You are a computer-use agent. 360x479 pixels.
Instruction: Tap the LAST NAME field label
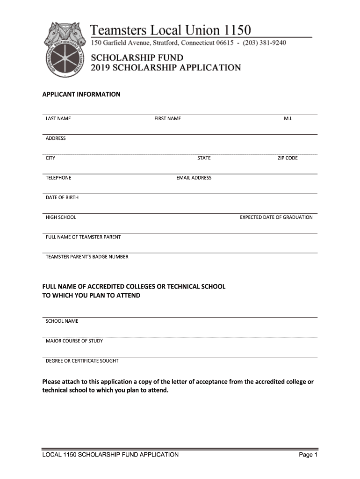click(x=58, y=119)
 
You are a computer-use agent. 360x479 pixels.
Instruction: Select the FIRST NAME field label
click(x=167, y=119)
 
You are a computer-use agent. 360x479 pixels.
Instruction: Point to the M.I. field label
click(x=288, y=119)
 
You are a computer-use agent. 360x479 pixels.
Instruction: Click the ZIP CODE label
click(x=288, y=158)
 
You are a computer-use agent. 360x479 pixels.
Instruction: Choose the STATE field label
click(x=204, y=158)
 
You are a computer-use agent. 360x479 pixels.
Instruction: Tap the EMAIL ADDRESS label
click(x=194, y=178)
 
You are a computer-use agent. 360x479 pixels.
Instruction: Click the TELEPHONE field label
click(x=58, y=178)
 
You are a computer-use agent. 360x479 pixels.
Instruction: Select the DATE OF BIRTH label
click(x=62, y=197)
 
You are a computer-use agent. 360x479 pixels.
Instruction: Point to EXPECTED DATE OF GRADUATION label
click(x=276, y=218)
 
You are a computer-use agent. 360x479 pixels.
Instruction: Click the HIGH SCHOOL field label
click(x=61, y=218)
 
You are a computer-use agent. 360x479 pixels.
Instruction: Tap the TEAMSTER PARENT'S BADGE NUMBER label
click(x=87, y=257)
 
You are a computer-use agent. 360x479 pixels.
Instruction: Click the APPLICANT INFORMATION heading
click(x=81, y=94)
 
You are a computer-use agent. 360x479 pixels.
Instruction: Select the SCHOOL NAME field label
click(x=62, y=321)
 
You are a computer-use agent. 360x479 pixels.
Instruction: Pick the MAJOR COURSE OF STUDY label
click(x=74, y=341)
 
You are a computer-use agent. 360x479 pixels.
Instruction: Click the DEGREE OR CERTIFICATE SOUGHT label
click(x=82, y=361)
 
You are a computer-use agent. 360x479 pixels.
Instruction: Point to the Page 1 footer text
click(x=308, y=455)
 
